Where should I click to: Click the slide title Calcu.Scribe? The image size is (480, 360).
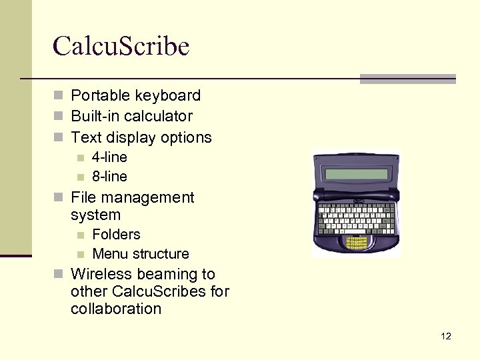pos(121,47)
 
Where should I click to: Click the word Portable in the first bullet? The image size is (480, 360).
pos(97,95)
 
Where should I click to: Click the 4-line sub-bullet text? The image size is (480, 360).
pos(109,157)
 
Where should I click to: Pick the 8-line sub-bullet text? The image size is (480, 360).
pos(109,177)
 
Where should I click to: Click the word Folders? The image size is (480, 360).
pos(116,235)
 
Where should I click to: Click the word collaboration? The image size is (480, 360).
pos(116,309)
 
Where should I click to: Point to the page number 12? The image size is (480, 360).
pos(446,336)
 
